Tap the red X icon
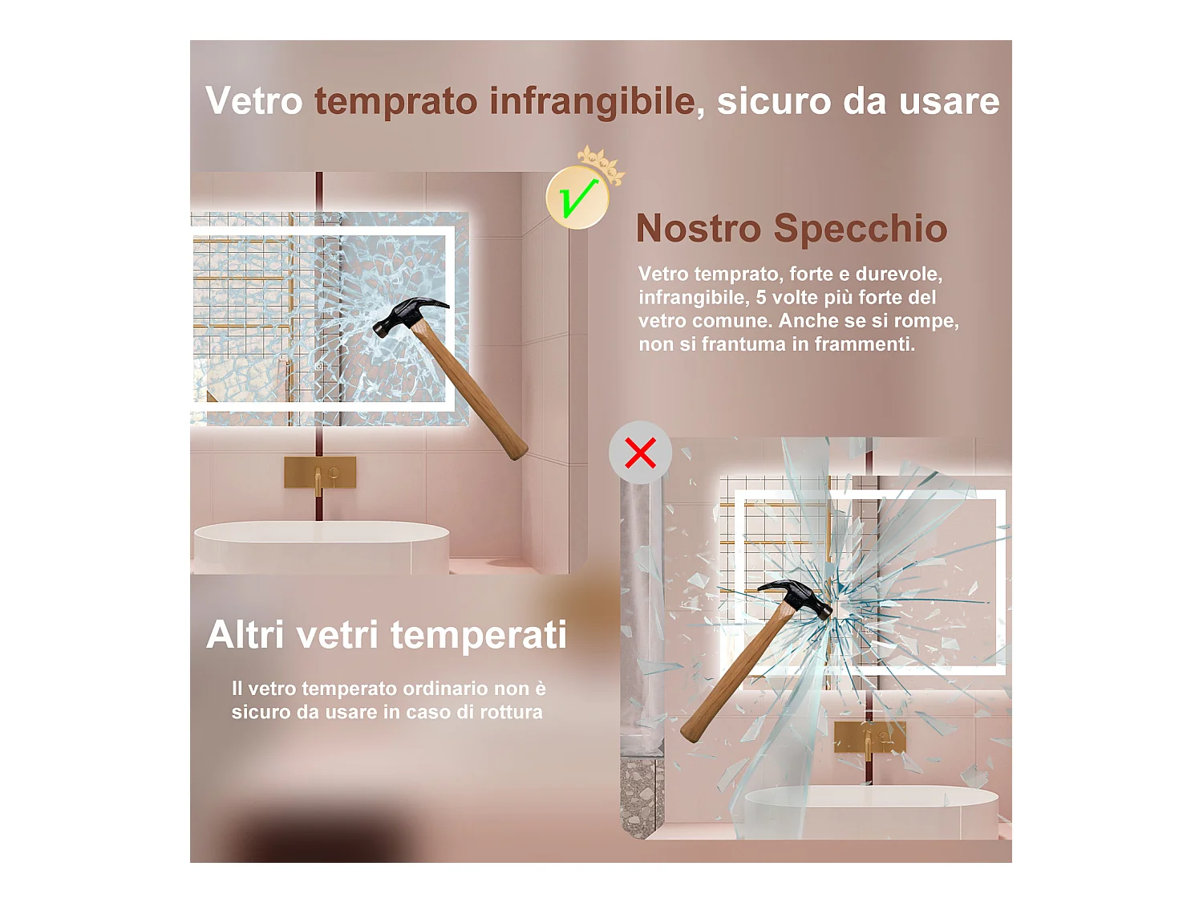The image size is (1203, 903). click(640, 454)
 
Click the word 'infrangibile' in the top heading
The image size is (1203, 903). click(592, 102)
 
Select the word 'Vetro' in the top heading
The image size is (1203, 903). click(253, 102)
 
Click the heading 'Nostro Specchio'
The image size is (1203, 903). click(791, 229)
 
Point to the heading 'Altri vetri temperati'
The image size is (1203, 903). click(386, 635)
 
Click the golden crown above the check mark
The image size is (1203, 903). click(601, 163)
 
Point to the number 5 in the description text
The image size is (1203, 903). click(761, 298)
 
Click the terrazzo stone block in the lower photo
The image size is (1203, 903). click(641, 795)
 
